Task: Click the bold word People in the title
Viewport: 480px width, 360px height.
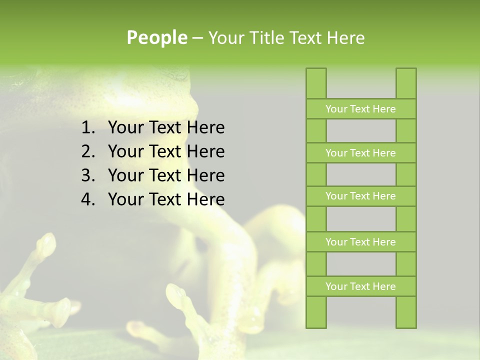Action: [x=156, y=37]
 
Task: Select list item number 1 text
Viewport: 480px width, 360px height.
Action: [x=166, y=127]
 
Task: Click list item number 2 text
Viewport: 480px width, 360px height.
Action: [x=166, y=151]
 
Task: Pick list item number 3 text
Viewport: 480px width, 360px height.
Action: [x=166, y=175]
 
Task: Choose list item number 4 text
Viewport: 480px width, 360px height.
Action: [x=166, y=199]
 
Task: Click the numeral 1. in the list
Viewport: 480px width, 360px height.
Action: [x=88, y=127]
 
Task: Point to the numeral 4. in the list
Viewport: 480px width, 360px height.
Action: [x=88, y=199]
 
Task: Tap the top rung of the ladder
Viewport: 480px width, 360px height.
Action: [x=360, y=109]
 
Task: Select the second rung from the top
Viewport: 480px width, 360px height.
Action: [x=360, y=153]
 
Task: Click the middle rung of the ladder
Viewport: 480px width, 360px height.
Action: [x=360, y=196]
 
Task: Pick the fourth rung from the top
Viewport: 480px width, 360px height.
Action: [x=360, y=242]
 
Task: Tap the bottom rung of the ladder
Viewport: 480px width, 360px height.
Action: [x=360, y=286]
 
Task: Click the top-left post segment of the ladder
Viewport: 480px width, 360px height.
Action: [x=316, y=83]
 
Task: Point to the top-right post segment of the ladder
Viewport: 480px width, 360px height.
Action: [x=406, y=83]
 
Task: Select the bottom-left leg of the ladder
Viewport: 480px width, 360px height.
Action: [x=316, y=312]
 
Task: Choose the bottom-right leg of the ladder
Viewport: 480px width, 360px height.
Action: [x=406, y=312]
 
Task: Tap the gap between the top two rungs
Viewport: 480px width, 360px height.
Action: [x=361, y=131]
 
